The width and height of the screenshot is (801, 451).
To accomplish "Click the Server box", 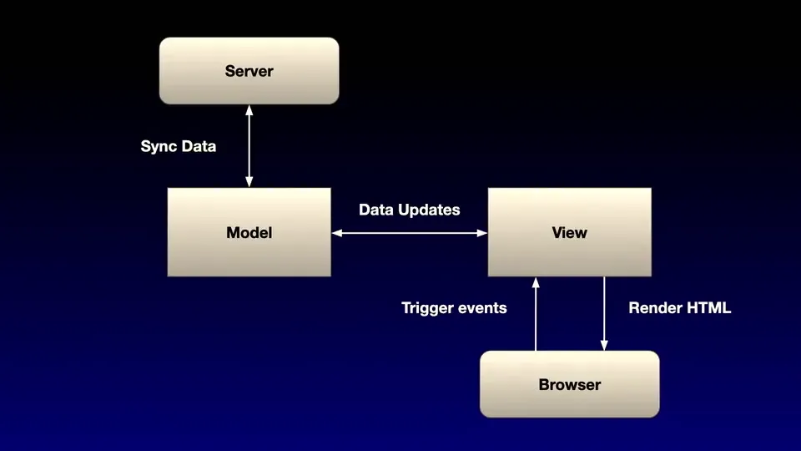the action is pyautogui.click(x=249, y=70).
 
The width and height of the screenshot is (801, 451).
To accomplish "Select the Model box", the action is pyautogui.click(x=249, y=232).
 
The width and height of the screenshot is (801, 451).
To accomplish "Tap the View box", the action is pyautogui.click(x=570, y=232).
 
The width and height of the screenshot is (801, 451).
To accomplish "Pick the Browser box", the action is pyautogui.click(x=570, y=384).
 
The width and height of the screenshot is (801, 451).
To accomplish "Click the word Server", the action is pyautogui.click(x=249, y=71).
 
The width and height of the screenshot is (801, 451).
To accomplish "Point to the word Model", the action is pyautogui.click(x=249, y=233).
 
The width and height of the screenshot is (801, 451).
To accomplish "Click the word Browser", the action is pyautogui.click(x=570, y=384).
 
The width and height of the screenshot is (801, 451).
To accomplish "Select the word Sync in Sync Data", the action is pyautogui.click(x=159, y=147).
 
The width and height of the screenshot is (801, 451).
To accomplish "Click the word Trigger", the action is pyautogui.click(x=426, y=308).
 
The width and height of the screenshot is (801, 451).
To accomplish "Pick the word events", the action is pyautogui.click(x=482, y=308).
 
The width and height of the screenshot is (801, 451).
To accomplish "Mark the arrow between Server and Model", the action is pyautogui.click(x=249, y=146).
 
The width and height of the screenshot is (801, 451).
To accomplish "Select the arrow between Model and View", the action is pyautogui.click(x=409, y=233).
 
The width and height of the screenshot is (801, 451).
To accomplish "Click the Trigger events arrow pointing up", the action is pyautogui.click(x=536, y=314).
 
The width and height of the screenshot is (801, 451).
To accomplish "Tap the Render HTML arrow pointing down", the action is pyautogui.click(x=604, y=314).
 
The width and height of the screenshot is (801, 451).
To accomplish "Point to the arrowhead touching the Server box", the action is pyautogui.click(x=249, y=110).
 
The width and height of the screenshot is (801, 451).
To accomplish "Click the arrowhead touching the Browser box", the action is pyautogui.click(x=604, y=345).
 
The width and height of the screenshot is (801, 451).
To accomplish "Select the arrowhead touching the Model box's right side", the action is pyautogui.click(x=337, y=233).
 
